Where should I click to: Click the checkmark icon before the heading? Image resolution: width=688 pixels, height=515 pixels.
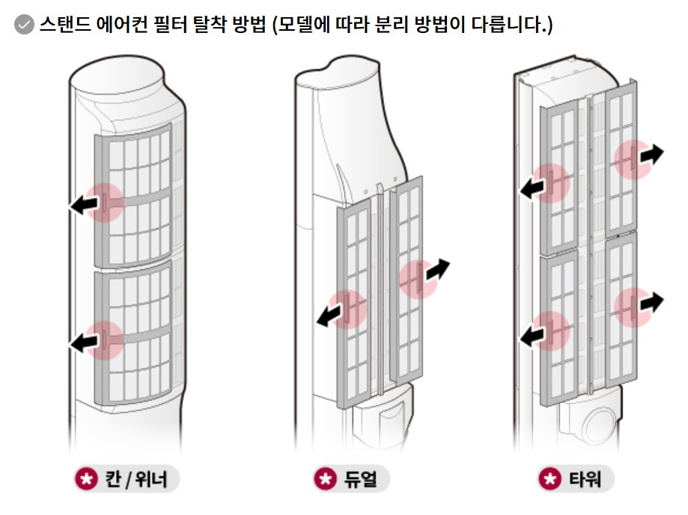click(24, 25)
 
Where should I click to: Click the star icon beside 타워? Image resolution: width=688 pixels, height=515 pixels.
click(550, 478)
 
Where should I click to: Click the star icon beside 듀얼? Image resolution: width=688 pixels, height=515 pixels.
click(323, 478)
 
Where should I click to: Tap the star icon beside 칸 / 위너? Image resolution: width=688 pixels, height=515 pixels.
click(86, 478)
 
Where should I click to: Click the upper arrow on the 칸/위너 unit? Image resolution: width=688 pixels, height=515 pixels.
click(84, 203)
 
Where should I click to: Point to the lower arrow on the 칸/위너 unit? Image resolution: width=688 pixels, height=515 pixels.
click(84, 342)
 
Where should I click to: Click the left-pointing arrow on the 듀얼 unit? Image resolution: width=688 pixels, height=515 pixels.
click(328, 316)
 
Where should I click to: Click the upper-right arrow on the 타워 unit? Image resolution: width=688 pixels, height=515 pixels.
click(650, 155)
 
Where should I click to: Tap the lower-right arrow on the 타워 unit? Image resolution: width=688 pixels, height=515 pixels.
click(650, 302)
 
